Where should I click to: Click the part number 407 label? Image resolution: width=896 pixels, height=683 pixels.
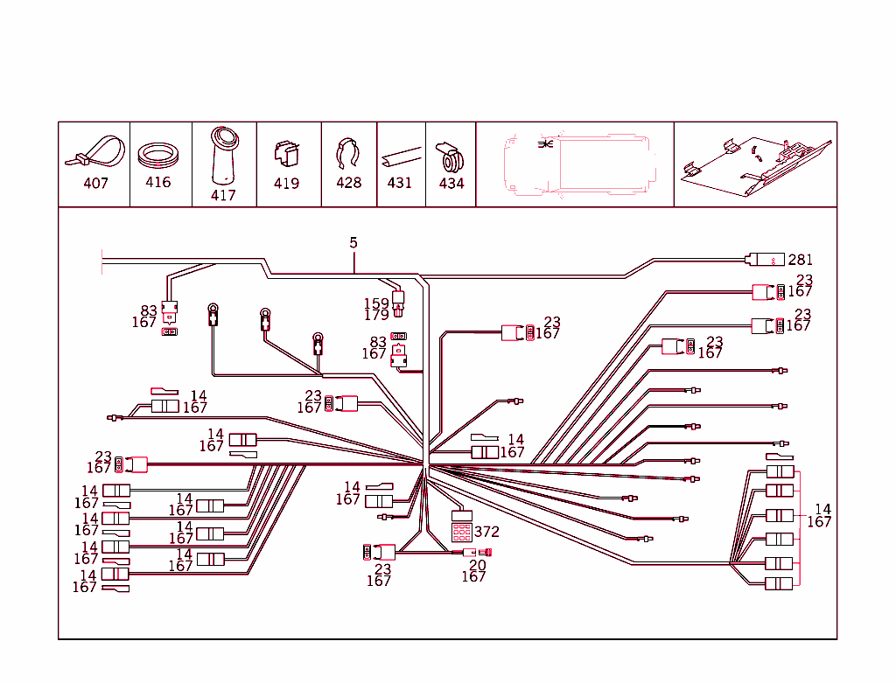[95, 184]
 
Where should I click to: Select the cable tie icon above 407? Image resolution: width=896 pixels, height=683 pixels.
[94, 152]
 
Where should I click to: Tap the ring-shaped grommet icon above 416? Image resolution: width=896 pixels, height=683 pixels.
[159, 155]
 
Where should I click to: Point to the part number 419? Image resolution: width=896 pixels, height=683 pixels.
[286, 184]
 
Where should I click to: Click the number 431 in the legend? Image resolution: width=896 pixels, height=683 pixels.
[399, 184]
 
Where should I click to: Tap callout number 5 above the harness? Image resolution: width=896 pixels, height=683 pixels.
[353, 242]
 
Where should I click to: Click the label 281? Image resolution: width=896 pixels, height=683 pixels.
[800, 260]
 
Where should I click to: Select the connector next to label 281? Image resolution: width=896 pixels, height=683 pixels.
[765, 259]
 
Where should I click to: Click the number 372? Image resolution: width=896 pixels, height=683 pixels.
[486, 531]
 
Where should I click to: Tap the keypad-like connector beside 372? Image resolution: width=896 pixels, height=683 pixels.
[461, 527]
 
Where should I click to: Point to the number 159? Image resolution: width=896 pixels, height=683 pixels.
[376, 303]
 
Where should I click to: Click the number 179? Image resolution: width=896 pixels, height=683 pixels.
[376, 315]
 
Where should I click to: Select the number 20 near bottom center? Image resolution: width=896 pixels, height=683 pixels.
[477, 565]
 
